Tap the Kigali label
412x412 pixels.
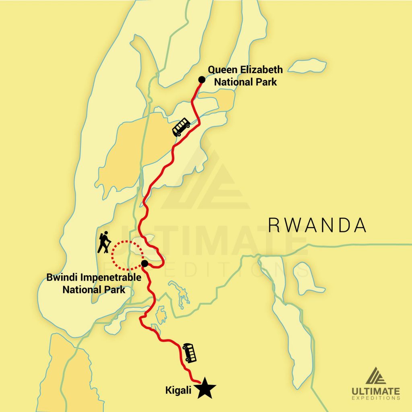pos(179,390)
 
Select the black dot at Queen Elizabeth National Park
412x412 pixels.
pos(202,79)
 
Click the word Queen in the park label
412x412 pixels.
pos(221,70)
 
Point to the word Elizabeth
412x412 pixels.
pos(260,70)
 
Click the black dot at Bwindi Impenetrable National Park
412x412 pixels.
pos(145,264)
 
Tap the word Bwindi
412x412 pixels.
pos(60,278)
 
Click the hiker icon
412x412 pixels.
pos(104,242)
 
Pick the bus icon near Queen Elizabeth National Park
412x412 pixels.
pos(181,127)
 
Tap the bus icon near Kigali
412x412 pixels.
pos(190,353)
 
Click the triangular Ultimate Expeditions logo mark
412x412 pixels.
pos(376,375)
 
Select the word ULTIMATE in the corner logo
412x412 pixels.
pos(376,391)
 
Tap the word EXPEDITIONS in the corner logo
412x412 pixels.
pos(376,398)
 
